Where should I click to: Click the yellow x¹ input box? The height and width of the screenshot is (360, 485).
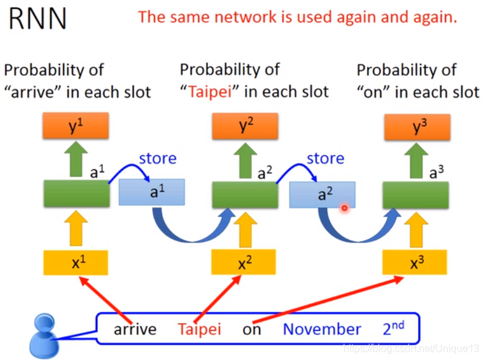pos(76,261)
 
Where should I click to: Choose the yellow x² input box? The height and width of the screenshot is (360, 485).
pos(244,261)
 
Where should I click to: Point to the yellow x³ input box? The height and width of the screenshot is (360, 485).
pos(414,261)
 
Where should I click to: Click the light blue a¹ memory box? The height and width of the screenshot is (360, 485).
pos(152,193)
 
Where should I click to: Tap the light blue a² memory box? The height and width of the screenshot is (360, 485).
pos(322,195)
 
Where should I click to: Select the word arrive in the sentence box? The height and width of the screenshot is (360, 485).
pos(135,329)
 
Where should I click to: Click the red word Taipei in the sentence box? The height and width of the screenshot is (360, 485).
pos(200,329)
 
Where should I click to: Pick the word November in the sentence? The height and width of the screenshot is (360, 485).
pos(321,329)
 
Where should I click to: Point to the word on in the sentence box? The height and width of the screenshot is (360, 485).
pos(251,330)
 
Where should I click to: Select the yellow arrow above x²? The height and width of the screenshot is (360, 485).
pos(244,228)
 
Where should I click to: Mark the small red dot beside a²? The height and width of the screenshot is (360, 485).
pos(345,207)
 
